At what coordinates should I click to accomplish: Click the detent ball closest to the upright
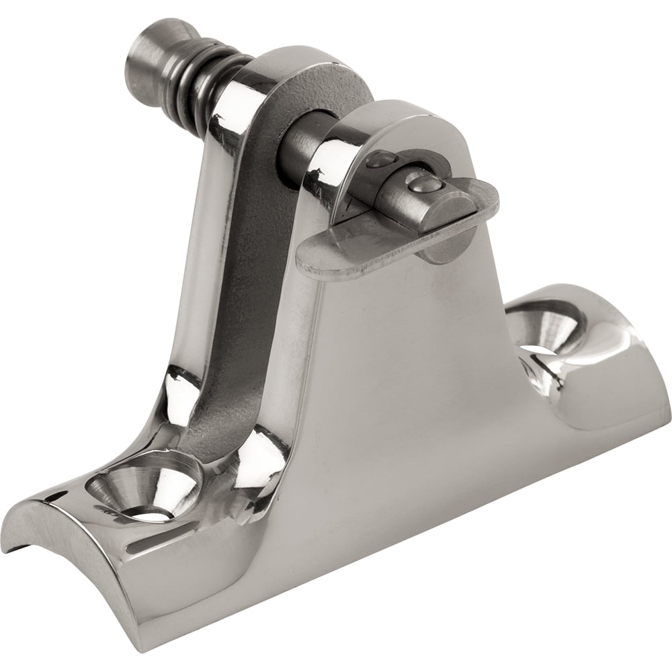point(384,161)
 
